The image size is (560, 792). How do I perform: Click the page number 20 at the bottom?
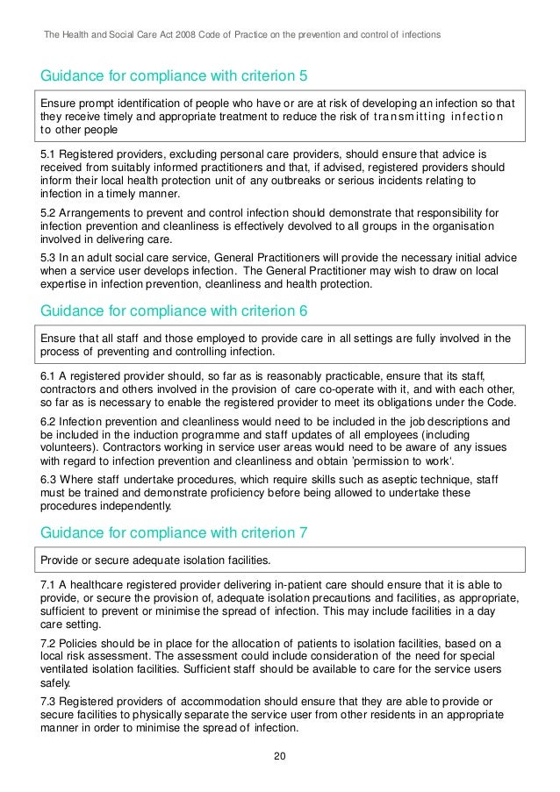(280, 757)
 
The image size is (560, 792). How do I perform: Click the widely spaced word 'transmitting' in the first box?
(410, 119)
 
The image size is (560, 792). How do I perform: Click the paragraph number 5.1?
(50, 153)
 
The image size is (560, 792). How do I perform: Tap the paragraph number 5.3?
(50, 258)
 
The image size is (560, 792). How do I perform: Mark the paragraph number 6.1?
(50, 375)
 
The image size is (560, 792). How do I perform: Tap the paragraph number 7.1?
(50, 583)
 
